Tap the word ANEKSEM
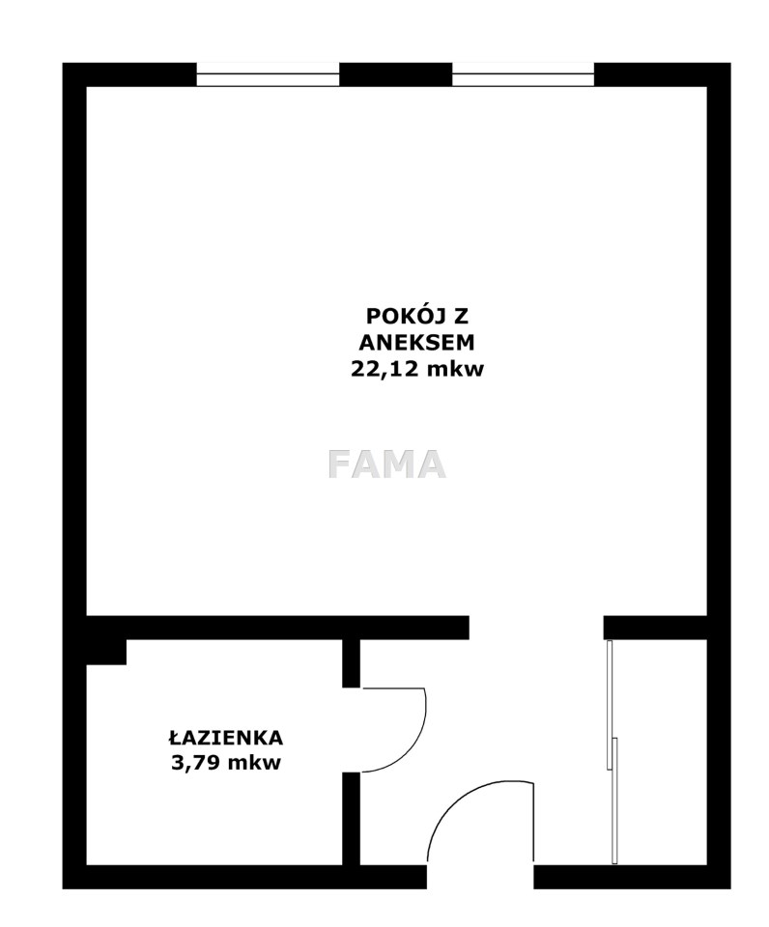point(417,343)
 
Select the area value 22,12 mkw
point(417,370)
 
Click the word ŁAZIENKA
point(226,738)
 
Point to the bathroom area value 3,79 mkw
point(226,763)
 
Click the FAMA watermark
point(386,464)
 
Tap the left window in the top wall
point(268,74)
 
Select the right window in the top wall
point(524,74)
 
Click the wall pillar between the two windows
point(396,74)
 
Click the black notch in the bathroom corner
point(106,652)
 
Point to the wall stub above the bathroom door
point(352,663)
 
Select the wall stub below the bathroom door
point(352,819)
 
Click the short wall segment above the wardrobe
point(655,628)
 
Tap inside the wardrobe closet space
point(662,752)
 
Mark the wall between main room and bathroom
point(278,628)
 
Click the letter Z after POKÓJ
point(461,317)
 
